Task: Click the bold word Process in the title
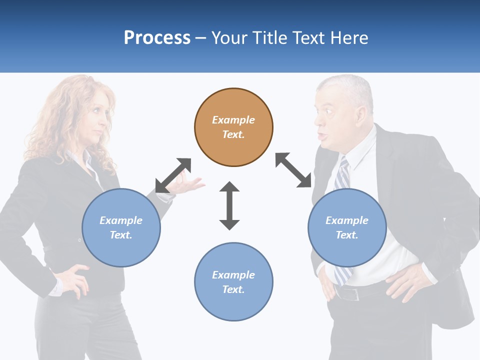(157, 38)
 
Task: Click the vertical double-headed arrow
(229, 205)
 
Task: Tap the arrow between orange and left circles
(173, 175)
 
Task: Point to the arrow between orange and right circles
(293, 170)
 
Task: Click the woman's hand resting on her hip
(75, 280)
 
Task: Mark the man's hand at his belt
(405, 283)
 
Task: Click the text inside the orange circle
(233, 127)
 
